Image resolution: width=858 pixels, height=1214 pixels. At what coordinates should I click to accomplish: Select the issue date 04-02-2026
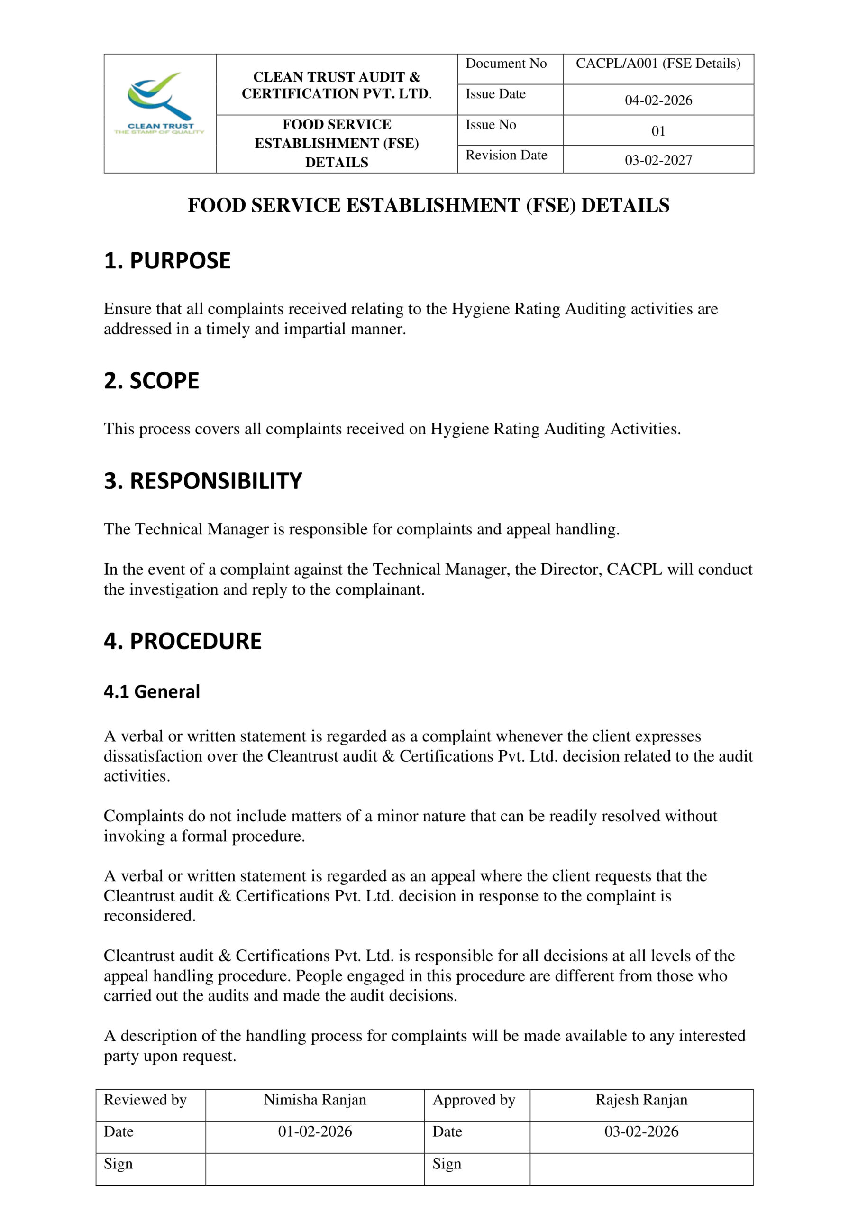tap(658, 100)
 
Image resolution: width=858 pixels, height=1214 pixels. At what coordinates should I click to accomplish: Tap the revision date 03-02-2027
tap(658, 160)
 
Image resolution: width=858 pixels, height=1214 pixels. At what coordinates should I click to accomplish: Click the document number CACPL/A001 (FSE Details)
tap(657, 64)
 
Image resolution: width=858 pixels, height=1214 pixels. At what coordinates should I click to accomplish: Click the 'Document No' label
tap(505, 64)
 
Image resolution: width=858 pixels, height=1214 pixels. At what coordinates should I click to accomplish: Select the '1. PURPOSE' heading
tap(167, 261)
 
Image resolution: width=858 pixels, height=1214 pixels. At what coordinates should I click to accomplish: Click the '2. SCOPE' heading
tap(151, 381)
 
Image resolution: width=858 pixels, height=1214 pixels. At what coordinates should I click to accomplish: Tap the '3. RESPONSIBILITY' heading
tap(203, 481)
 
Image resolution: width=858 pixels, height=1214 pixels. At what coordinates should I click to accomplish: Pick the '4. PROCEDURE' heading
tap(183, 641)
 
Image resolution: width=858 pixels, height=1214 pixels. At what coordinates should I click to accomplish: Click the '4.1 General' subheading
tap(152, 691)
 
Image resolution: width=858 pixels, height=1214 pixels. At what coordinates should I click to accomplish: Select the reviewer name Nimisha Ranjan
tap(315, 1100)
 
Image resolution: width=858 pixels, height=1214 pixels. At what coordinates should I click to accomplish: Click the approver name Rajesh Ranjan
tap(641, 1100)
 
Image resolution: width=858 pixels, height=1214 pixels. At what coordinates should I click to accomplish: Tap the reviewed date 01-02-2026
tap(315, 1132)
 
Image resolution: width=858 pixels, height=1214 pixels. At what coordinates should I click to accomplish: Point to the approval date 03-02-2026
tap(641, 1132)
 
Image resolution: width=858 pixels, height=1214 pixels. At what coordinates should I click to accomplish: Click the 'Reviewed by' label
tap(145, 1100)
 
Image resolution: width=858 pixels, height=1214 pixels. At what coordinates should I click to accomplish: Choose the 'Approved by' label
tap(474, 1100)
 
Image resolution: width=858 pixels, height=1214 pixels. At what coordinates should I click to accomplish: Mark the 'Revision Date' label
tap(506, 155)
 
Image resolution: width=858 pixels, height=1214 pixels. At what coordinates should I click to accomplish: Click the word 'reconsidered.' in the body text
tap(150, 916)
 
